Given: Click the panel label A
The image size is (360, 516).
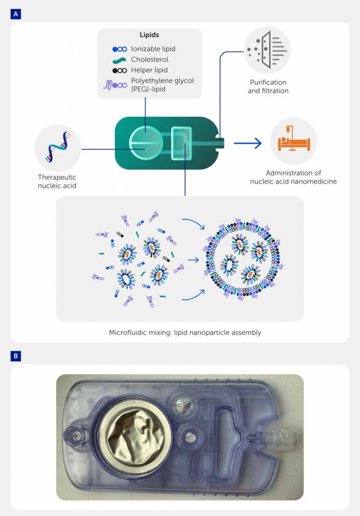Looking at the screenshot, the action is point(16,14).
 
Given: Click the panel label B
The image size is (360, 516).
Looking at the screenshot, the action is point(16,356).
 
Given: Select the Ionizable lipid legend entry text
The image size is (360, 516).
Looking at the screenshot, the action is point(153,49).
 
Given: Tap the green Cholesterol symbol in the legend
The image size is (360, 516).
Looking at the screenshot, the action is point(119,60).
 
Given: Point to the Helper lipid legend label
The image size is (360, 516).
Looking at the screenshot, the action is point(149,70).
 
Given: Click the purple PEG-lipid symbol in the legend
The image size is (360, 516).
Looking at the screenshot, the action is point(115,85).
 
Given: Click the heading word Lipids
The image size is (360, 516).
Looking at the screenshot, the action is point(149,35).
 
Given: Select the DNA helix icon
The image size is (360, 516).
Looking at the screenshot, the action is point(58,147).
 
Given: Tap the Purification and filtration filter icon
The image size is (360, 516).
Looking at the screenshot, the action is point(267,50).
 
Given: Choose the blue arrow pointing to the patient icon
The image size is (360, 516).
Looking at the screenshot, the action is point(248,143).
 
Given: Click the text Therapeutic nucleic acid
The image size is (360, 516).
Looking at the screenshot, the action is point(57,181).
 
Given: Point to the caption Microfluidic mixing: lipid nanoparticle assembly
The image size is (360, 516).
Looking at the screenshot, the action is point(185,333).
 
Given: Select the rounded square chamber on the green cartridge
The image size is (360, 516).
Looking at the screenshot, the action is point(181,143).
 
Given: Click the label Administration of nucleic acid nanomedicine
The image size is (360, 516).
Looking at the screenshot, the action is point(293,177).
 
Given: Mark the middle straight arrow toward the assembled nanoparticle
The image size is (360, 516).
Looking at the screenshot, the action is point(194,260).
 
